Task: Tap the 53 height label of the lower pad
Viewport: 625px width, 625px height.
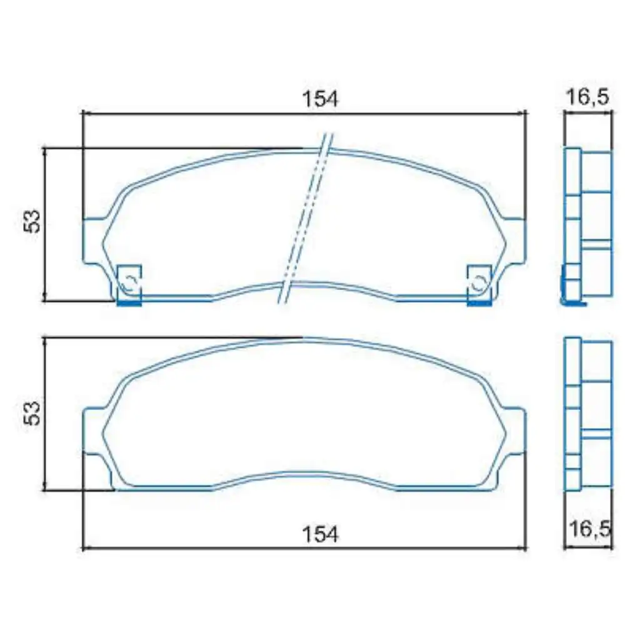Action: tap(32, 413)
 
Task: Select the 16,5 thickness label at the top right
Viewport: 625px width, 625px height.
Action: tap(588, 98)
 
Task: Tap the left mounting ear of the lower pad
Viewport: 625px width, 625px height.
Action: tap(94, 430)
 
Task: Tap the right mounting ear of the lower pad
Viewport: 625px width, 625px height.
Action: tap(514, 430)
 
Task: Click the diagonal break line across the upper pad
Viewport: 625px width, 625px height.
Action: tap(306, 219)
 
